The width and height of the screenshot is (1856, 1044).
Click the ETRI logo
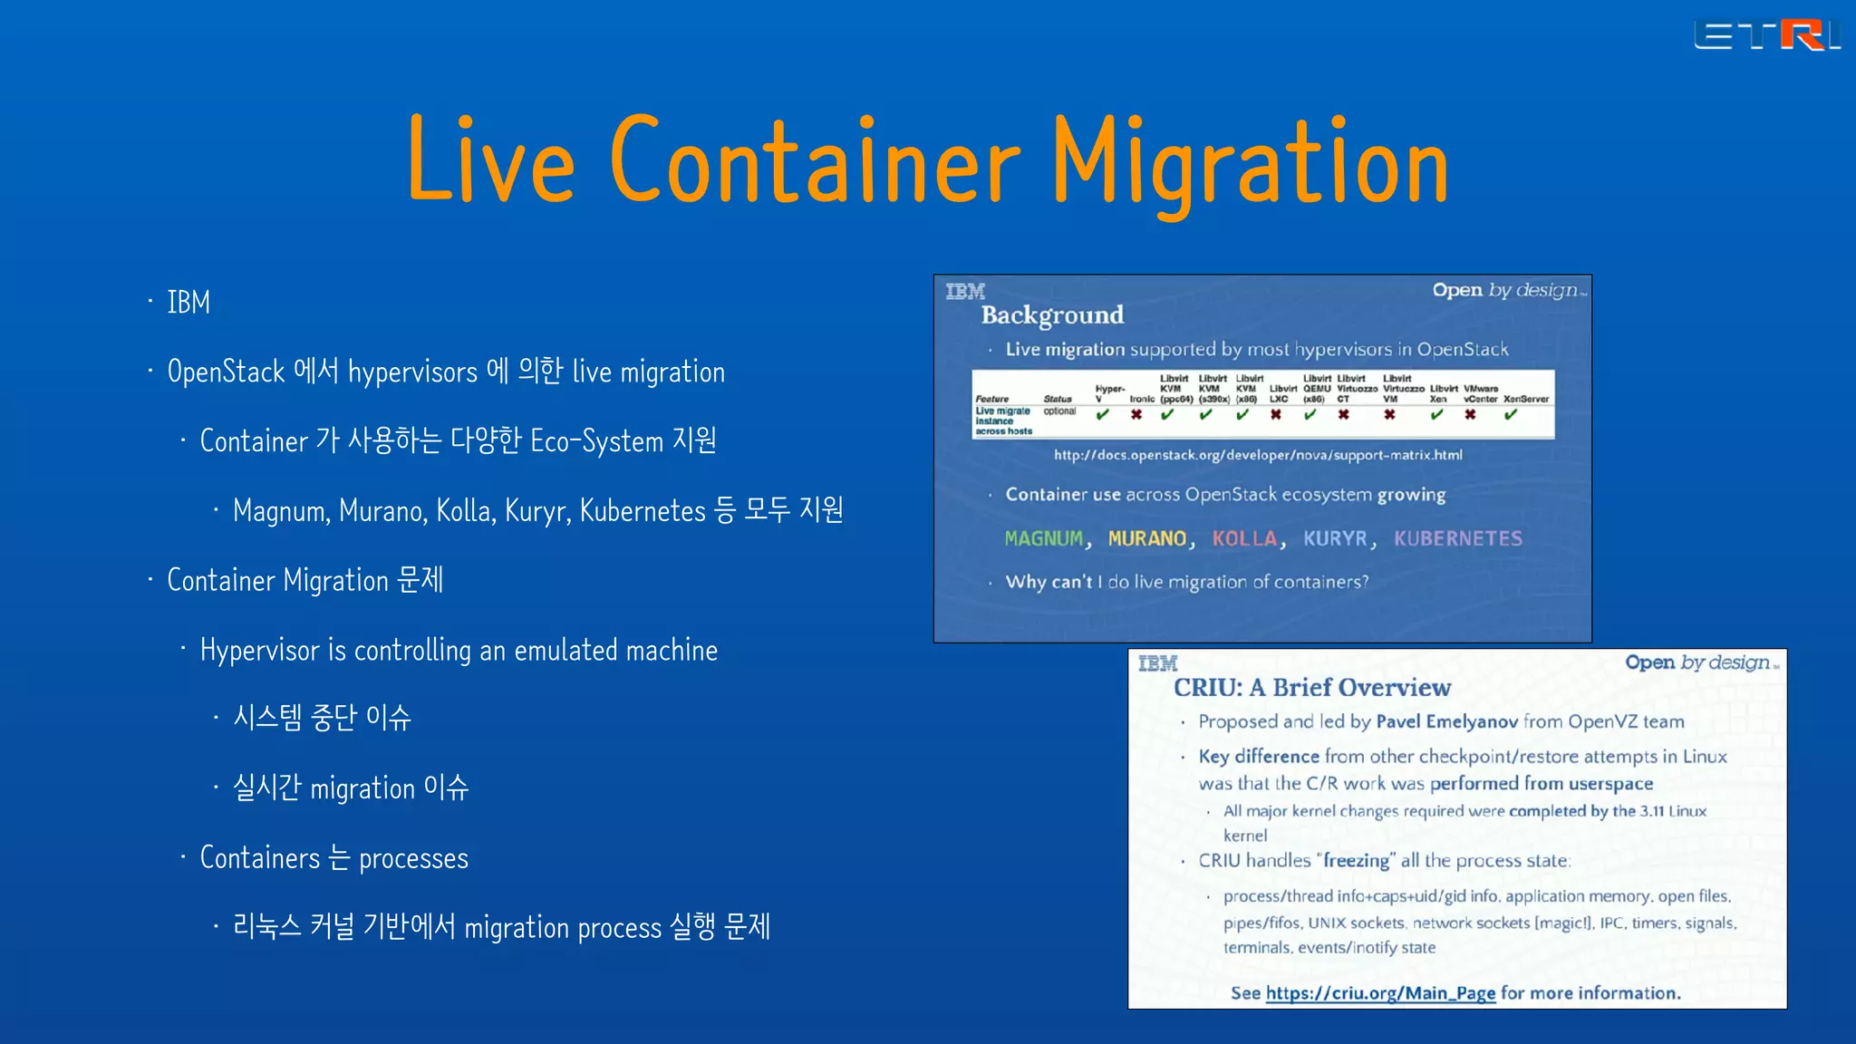pyautogui.click(x=1766, y=36)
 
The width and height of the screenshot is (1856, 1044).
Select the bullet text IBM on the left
pyautogui.click(x=188, y=303)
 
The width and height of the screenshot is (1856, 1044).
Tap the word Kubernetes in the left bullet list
pyautogui.click(x=642, y=511)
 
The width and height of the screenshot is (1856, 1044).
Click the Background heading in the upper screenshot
pyautogui.click(x=1052, y=315)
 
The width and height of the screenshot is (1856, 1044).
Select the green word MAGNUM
pyautogui.click(x=1044, y=539)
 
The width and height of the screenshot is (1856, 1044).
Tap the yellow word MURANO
pyautogui.click(x=1147, y=539)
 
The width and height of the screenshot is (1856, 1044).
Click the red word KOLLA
pyautogui.click(x=1244, y=539)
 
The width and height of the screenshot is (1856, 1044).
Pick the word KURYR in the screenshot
pyautogui.click(x=1335, y=539)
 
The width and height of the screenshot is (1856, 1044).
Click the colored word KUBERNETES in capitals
pyautogui.click(x=1458, y=539)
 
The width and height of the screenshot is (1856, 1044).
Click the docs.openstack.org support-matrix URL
pyautogui.click(x=1258, y=455)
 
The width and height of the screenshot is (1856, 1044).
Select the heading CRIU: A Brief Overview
pyautogui.click(x=1312, y=688)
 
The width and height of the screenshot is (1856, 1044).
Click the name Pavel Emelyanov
pyautogui.click(x=1446, y=722)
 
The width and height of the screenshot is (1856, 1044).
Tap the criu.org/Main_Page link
pyautogui.click(x=1380, y=993)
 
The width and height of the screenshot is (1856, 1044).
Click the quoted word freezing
pyautogui.click(x=1356, y=861)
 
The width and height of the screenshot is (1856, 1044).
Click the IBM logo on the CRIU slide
pyautogui.click(x=1157, y=663)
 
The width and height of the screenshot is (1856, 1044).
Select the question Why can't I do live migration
pyautogui.click(x=1187, y=582)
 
